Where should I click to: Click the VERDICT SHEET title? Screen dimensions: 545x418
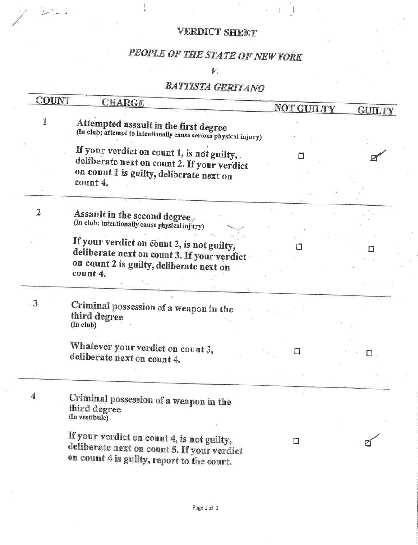pos(216,33)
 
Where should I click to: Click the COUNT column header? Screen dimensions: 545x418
pos(53,103)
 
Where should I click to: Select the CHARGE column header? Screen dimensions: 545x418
pos(122,104)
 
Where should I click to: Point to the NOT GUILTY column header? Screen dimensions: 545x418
pos(304,109)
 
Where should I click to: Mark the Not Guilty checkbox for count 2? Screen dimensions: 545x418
pos(298,247)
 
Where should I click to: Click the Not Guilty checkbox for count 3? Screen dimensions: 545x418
pos(297,352)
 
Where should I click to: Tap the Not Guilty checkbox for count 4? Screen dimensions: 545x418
pos(296,440)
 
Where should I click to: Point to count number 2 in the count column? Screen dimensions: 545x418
pos(39,213)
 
